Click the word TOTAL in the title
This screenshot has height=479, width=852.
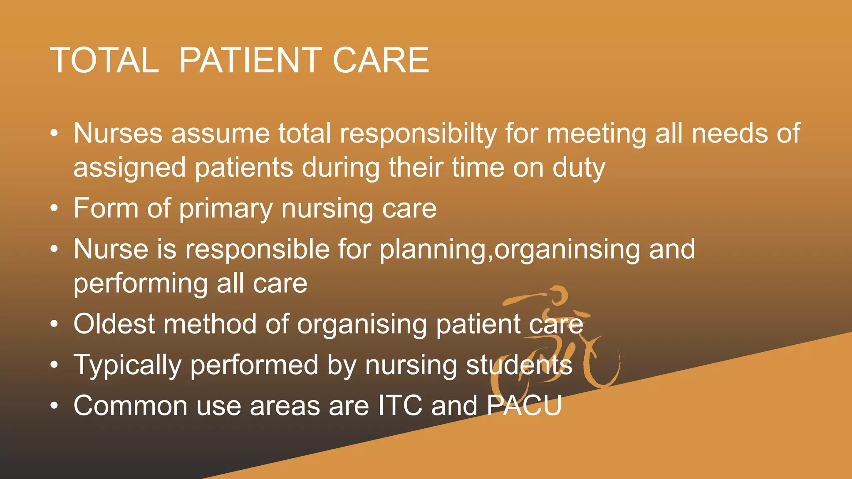104,60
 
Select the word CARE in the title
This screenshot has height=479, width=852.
381,60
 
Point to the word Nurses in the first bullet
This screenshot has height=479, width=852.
118,133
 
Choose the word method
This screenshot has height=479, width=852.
210,324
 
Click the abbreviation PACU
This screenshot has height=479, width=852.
524,405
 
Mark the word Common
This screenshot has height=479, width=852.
130,406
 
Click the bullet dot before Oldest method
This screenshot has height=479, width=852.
54,325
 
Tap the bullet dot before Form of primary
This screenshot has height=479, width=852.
54,209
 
